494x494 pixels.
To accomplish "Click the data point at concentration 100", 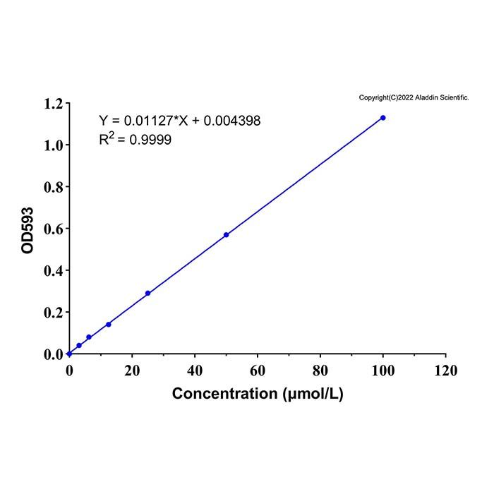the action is click(382, 118).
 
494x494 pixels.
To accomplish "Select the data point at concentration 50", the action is click(227, 235).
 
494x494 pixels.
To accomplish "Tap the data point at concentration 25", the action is click(147, 294).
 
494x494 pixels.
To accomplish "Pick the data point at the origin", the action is click(70, 354).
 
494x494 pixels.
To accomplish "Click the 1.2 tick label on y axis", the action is click(54, 104).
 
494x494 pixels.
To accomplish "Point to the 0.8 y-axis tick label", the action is click(54, 187).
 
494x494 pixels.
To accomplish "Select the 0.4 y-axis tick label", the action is click(54, 270).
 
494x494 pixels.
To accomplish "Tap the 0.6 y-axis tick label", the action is click(54, 229).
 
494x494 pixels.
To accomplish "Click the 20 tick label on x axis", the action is click(132, 370).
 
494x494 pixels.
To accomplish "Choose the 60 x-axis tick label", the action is click(258, 370).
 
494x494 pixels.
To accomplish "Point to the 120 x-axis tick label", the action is click(446, 370).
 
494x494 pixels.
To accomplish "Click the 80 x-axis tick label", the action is click(320, 370).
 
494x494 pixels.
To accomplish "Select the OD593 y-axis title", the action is click(28, 230).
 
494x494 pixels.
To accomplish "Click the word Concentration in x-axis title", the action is click(224, 394).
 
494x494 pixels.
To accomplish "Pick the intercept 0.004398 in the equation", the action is click(232, 121).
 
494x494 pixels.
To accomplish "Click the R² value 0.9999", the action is click(150, 140).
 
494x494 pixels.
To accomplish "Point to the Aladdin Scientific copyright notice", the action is click(414, 97).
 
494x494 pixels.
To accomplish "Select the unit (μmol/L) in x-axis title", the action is click(313, 394).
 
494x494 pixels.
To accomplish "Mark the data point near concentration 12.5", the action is click(109, 325).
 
